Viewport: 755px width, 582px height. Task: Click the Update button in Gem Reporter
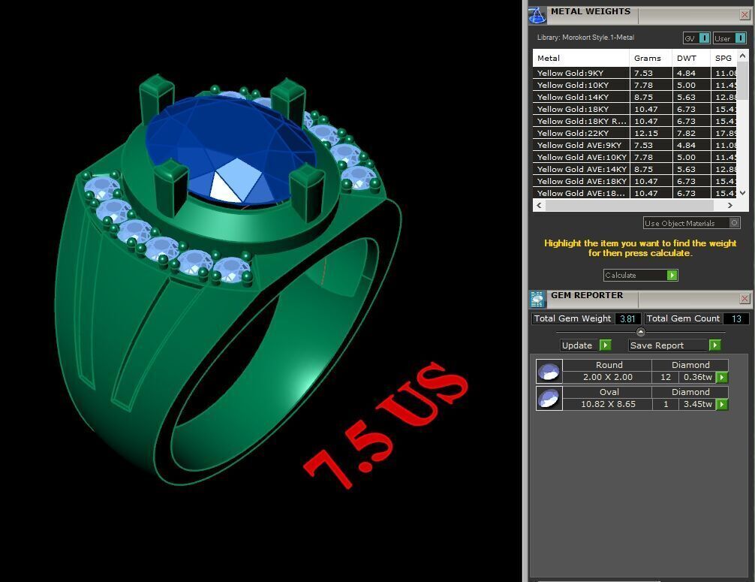[585, 345]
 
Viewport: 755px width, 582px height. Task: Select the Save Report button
[674, 345]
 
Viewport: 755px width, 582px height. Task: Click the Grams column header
[647, 58]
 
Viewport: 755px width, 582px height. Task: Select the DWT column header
[686, 58]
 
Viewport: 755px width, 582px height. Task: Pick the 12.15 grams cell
[645, 133]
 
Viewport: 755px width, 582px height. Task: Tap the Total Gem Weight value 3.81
[627, 318]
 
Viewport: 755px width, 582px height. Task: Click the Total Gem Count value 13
[735, 318]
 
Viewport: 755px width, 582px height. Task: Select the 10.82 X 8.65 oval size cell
[608, 404]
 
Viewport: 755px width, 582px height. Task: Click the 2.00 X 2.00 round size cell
[608, 377]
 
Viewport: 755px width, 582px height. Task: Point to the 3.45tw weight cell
[697, 404]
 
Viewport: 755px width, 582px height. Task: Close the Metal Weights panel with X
[744, 14]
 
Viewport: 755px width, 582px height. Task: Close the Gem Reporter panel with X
[744, 298]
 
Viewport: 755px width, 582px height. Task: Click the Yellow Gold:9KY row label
[570, 74]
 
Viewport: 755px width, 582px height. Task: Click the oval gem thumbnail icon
[549, 398]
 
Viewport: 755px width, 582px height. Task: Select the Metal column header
[549, 58]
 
